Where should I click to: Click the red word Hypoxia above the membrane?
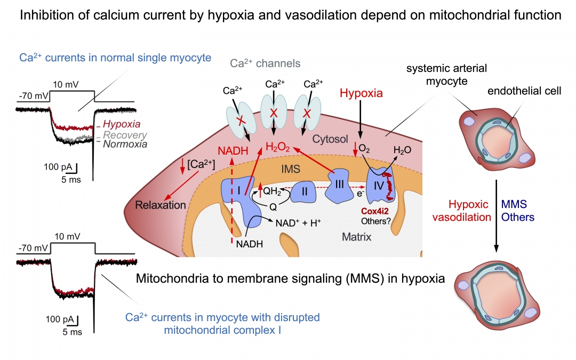pos(362,93)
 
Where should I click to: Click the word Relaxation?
pos(161,205)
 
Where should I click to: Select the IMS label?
pos(292,169)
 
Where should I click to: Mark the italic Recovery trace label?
pos(125,135)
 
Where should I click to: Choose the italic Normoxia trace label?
pos(125,144)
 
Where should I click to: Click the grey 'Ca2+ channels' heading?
pos(265,63)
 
